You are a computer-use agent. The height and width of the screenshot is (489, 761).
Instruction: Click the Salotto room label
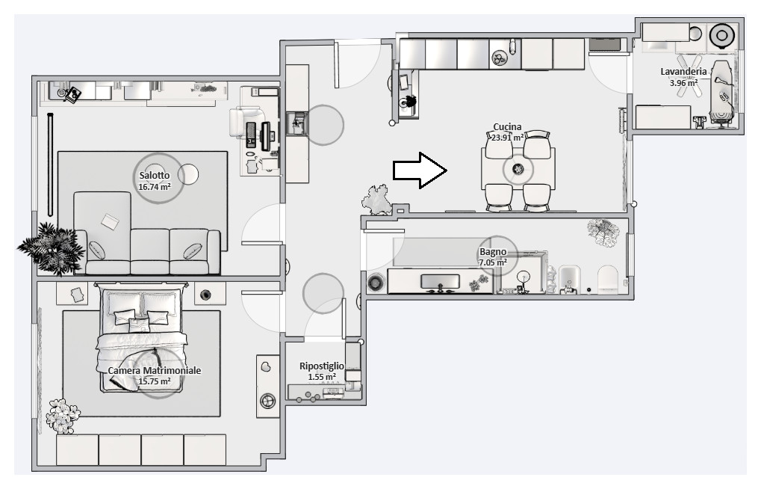(x=155, y=176)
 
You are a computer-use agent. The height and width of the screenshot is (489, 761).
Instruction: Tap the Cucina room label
(x=507, y=127)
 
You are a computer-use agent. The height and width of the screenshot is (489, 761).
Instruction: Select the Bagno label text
(x=493, y=252)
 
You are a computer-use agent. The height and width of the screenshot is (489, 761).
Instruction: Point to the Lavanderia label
(x=683, y=72)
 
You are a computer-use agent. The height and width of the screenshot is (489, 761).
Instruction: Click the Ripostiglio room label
(x=321, y=366)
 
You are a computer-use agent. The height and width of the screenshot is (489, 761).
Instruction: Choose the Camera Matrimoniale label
(x=155, y=370)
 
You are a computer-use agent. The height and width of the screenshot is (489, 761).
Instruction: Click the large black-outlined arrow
(x=420, y=170)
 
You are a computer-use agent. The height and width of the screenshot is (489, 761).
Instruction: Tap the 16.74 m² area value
(x=155, y=187)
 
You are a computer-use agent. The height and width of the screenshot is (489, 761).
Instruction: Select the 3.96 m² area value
(x=683, y=83)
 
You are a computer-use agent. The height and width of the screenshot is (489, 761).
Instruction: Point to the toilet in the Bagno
(x=608, y=280)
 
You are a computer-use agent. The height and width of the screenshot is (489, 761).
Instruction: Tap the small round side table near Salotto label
(x=188, y=174)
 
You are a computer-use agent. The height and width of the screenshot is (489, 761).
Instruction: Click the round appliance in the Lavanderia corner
(x=721, y=35)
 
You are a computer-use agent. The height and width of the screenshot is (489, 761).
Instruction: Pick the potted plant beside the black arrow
(x=377, y=200)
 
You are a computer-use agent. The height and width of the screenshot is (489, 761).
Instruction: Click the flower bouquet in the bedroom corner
(x=62, y=416)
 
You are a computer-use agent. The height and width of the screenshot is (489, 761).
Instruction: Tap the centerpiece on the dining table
(x=518, y=169)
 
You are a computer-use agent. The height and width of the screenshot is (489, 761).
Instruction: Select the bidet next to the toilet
(x=568, y=280)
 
